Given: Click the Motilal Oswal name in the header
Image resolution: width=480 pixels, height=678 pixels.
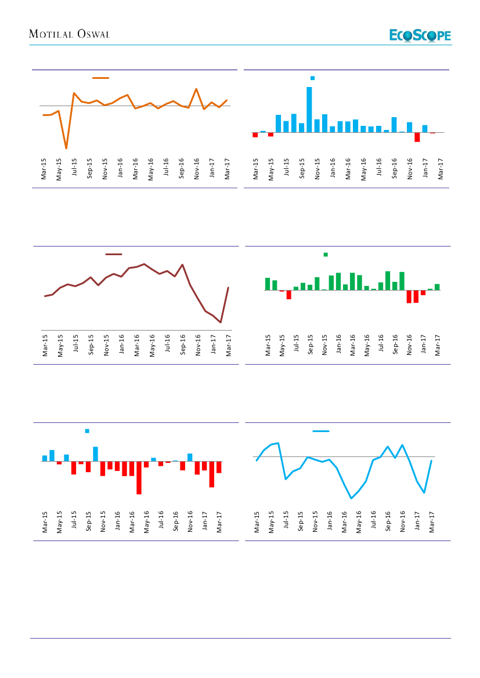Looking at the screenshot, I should (70, 35).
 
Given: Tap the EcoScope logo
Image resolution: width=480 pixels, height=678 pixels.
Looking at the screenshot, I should (420, 35).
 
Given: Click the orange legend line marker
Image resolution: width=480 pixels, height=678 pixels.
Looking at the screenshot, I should (101, 78).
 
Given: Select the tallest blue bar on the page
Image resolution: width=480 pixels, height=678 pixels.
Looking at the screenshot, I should (309, 110).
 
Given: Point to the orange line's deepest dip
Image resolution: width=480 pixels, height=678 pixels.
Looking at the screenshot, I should (66, 148).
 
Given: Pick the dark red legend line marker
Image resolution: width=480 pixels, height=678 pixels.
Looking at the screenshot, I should (114, 254).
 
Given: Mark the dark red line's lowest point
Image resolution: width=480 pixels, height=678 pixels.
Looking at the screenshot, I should (221, 322).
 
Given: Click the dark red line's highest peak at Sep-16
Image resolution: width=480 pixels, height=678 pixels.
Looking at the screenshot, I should (183, 264).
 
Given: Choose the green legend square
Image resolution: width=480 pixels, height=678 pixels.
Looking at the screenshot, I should (326, 255).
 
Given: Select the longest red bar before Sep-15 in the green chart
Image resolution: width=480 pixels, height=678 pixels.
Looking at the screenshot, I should (288, 295).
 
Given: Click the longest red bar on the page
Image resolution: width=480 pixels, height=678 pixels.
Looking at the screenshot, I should (139, 478).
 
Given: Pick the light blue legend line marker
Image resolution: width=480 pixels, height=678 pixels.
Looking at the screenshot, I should (321, 431).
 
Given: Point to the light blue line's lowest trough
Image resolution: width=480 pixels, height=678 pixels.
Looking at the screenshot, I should (351, 498).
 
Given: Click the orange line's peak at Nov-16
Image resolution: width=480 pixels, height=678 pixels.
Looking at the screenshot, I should (197, 89).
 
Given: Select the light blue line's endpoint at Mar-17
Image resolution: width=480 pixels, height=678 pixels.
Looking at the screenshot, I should (431, 461).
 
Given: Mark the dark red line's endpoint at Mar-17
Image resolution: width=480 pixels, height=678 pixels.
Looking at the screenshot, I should (228, 288).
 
